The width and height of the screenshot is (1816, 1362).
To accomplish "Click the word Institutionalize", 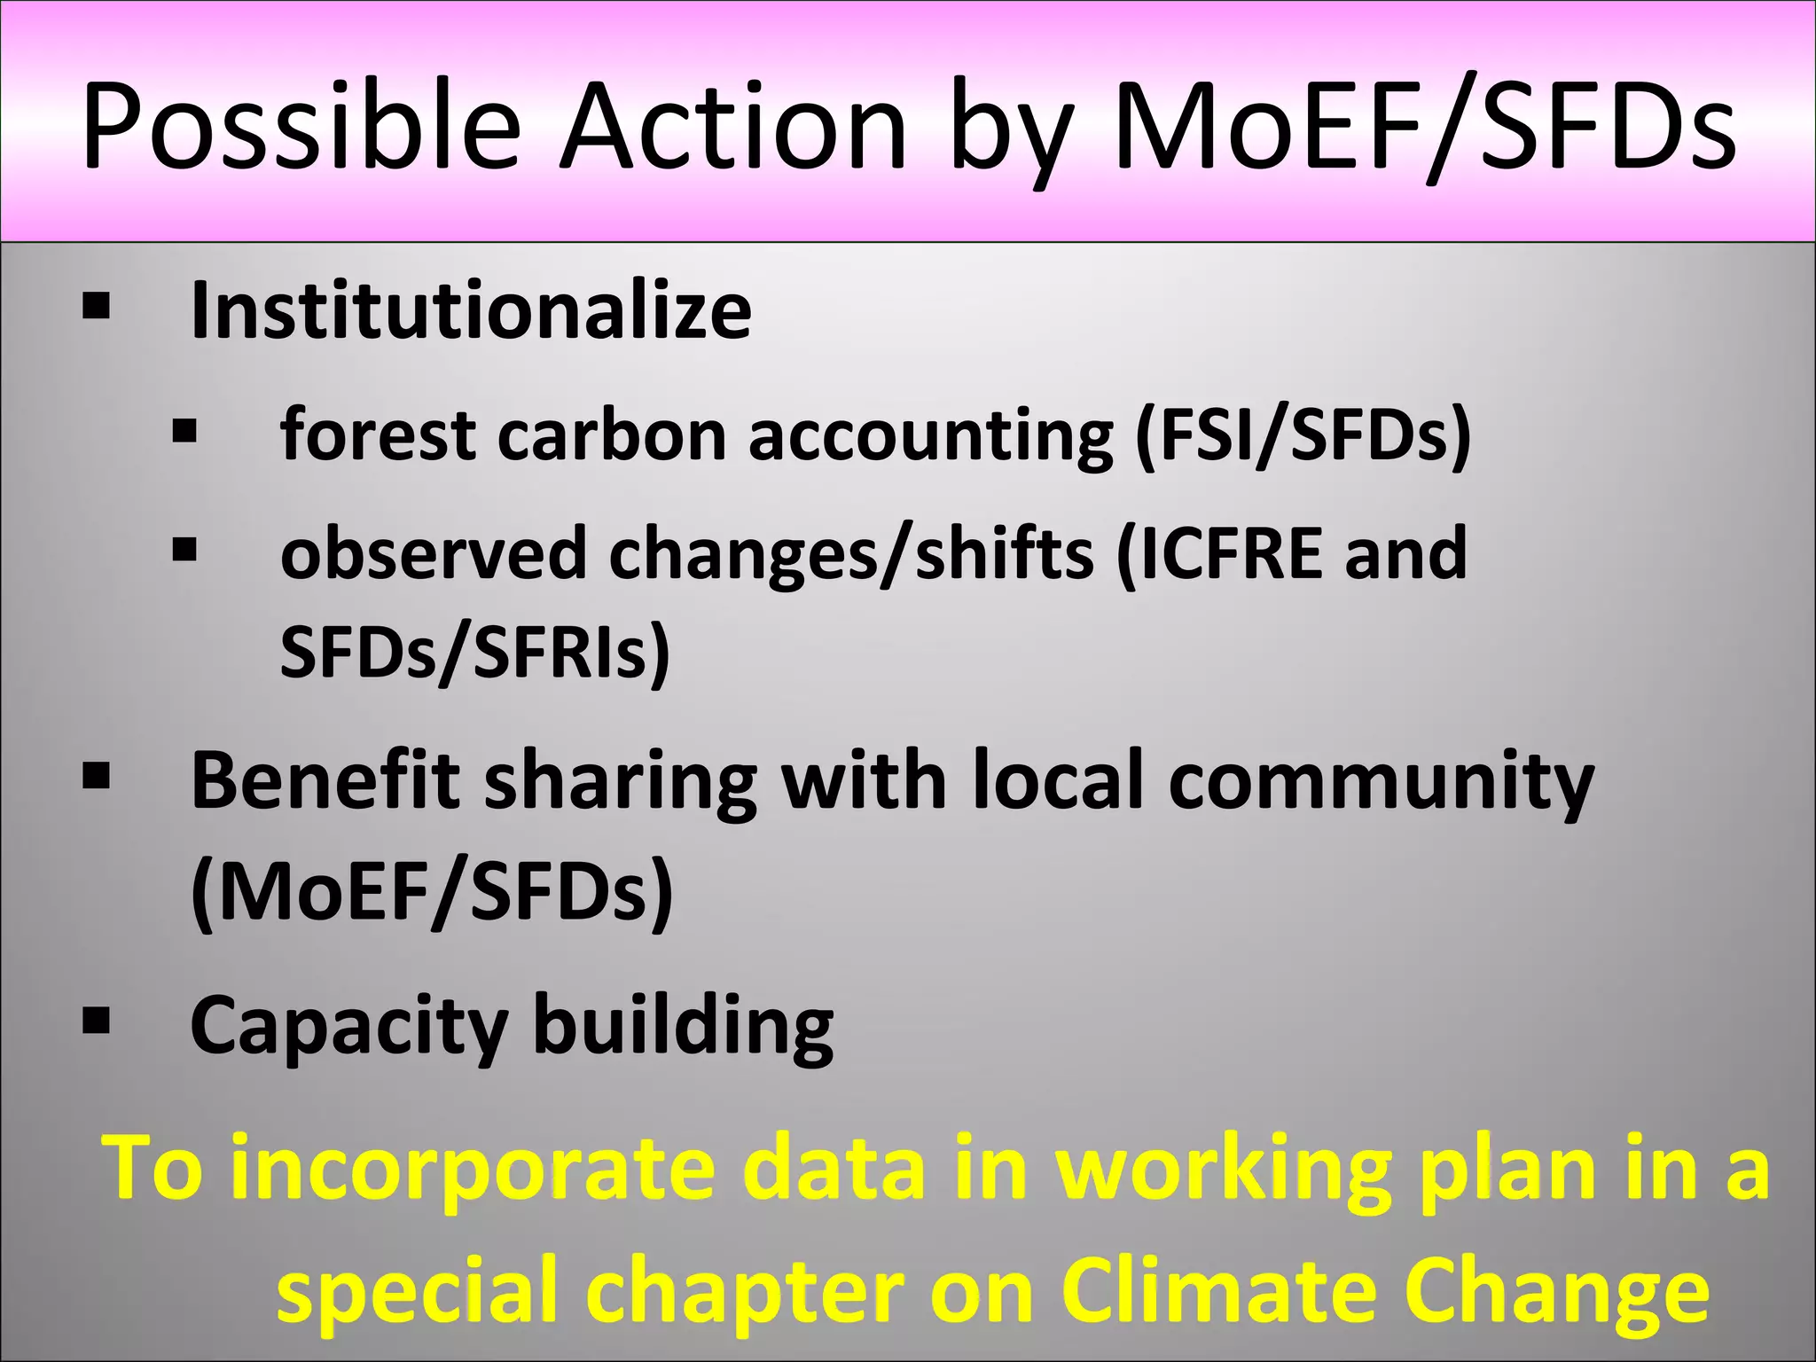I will [471, 310].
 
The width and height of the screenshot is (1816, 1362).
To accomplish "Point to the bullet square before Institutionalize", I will [95, 307].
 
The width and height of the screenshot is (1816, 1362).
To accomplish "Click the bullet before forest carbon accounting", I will [184, 432].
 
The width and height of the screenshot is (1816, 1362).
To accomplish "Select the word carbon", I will [612, 435].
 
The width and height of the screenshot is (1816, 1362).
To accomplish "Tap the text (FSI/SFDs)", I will [1303, 435].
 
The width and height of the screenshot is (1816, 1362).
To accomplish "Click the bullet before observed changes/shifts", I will [184, 550].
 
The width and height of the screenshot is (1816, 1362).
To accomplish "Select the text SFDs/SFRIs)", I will [475, 653].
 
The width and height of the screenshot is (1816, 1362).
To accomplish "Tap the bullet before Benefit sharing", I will [95, 777].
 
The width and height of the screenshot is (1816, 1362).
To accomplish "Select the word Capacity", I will [348, 1026].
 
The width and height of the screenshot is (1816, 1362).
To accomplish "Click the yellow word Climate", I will [1219, 1291].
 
